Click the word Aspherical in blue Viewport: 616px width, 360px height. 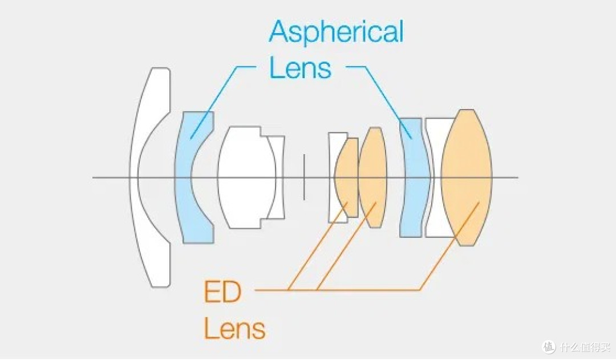337,32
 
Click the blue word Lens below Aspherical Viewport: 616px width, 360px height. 300,67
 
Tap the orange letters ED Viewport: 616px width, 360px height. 222,292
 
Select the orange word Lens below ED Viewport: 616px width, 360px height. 234,329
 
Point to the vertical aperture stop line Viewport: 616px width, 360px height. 304,177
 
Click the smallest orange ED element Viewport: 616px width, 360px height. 347,177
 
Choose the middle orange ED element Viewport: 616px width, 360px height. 372,177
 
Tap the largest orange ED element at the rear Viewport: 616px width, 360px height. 467,177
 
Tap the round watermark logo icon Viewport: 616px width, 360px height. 549,346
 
